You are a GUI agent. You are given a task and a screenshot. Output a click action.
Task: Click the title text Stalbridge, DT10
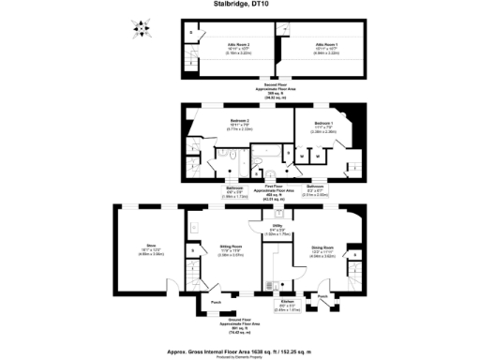(x=239, y=4)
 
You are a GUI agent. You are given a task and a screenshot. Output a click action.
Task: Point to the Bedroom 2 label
(x=241, y=124)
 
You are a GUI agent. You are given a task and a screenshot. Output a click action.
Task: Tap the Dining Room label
(x=323, y=249)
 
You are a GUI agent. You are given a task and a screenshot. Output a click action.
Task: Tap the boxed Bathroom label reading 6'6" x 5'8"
(x=234, y=194)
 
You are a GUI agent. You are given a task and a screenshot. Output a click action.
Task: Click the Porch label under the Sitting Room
(x=215, y=302)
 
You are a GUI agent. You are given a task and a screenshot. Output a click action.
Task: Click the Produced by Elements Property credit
(x=240, y=355)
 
